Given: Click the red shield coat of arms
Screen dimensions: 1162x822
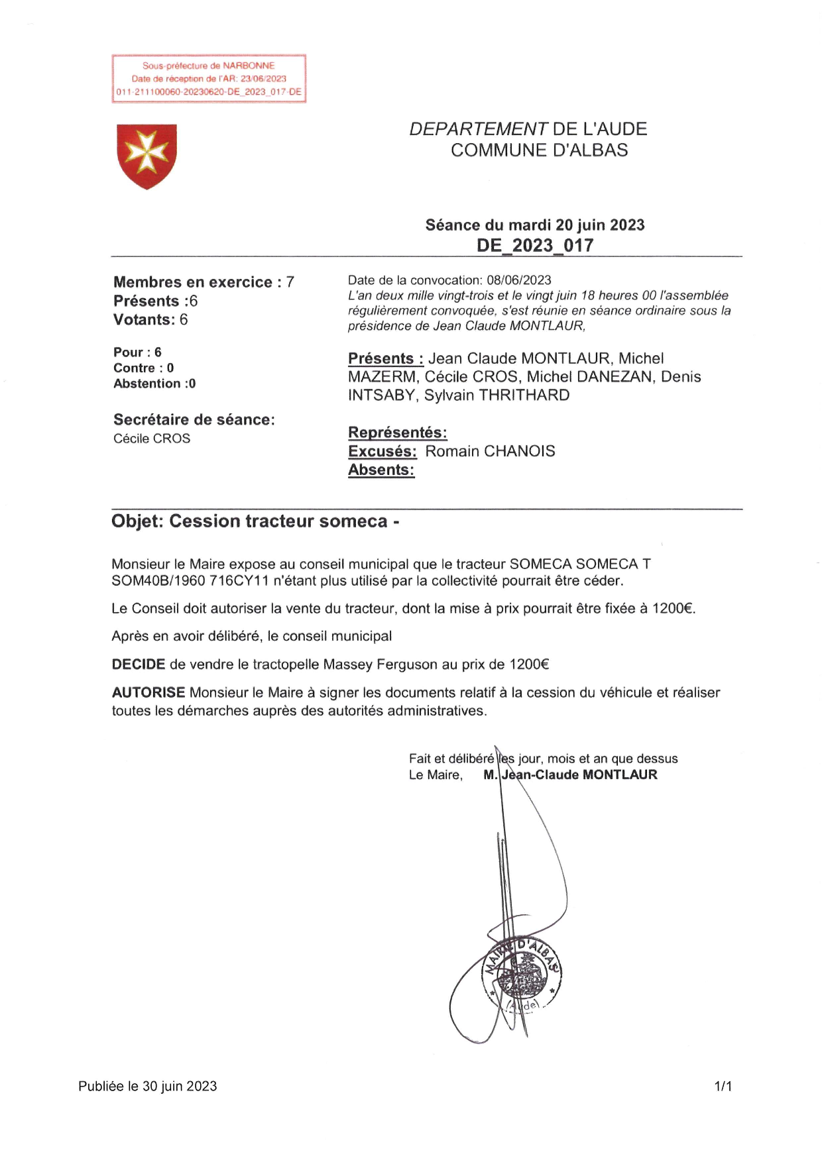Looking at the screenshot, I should pos(147,156).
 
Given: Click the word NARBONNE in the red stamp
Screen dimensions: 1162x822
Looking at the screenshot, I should pos(249,66).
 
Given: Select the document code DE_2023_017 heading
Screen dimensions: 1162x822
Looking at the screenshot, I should pos(535,246).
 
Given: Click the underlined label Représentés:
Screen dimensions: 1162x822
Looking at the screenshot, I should pos(398,433).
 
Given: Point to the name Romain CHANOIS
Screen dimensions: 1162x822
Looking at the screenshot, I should pos(490,451).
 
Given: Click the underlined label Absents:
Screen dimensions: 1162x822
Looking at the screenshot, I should pos(381,470).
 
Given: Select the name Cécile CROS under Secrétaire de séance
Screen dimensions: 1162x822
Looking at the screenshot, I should pos(152,439).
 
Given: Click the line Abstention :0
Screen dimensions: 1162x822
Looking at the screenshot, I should pos(154,384).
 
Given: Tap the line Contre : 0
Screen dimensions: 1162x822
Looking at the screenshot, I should pos(143,368).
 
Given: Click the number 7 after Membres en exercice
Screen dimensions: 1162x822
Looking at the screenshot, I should pos(290,282).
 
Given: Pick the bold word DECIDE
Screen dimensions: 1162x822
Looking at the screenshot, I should pos(138,664).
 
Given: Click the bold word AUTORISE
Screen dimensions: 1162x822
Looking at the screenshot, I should pos(148,692).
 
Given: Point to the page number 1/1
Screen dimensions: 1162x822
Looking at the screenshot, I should pos(723,1086).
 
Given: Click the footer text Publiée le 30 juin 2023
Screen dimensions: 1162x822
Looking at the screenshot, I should pos(147,1086).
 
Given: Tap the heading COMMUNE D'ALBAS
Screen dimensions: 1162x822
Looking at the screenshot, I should pos(539,150).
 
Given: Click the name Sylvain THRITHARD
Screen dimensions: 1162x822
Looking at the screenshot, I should pos(497,396).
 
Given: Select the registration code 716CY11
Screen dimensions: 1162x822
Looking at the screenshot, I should pos(239,581).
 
